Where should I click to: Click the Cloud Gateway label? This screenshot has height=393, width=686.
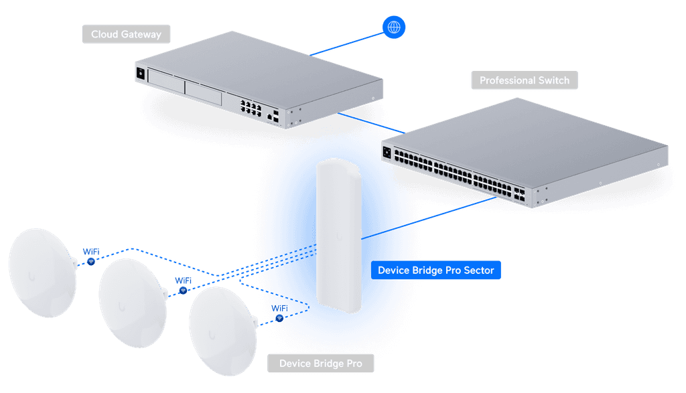tap(126, 34)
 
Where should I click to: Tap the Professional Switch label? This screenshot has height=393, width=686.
tap(525, 80)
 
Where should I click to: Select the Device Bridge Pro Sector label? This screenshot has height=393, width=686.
tap(435, 270)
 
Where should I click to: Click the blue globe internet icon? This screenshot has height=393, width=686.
tap(394, 27)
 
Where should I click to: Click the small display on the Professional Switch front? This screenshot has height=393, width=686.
tap(387, 153)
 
